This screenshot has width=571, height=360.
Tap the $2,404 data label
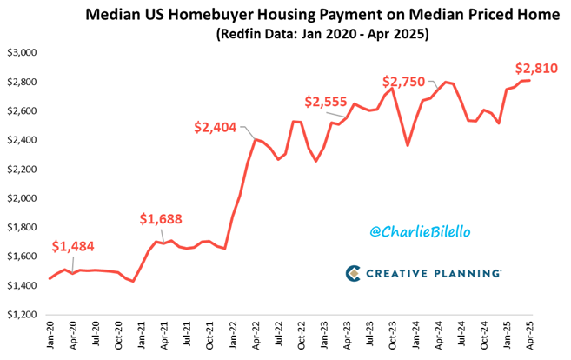coord(216,129)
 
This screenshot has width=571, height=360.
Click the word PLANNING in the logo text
coord(468,273)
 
